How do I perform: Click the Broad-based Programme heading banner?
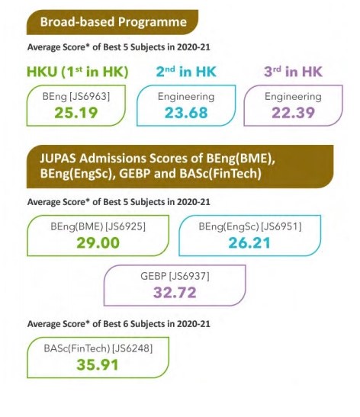pos(111,22)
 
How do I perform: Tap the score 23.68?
pos(185,112)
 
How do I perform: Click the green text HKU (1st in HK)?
pos(76,73)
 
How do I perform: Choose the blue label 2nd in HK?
pos(186,73)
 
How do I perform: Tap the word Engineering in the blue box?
pos(185,98)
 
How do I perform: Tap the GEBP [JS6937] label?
pos(175,276)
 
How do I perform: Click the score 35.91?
pos(97,363)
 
